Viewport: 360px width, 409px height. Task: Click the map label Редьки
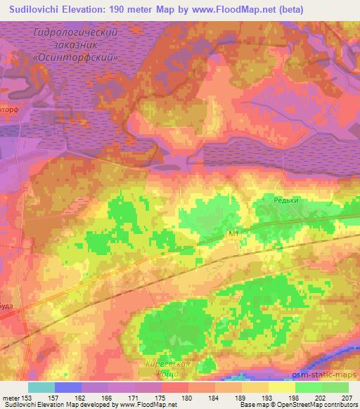point(287,200)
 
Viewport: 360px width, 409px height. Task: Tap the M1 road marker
point(234,233)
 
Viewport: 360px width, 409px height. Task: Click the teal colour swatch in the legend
point(41,387)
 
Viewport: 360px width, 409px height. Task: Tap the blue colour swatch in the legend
point(68,387)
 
